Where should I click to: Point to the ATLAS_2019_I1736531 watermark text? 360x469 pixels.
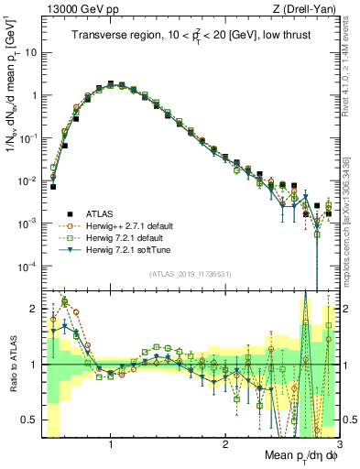[x=190, y=274]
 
